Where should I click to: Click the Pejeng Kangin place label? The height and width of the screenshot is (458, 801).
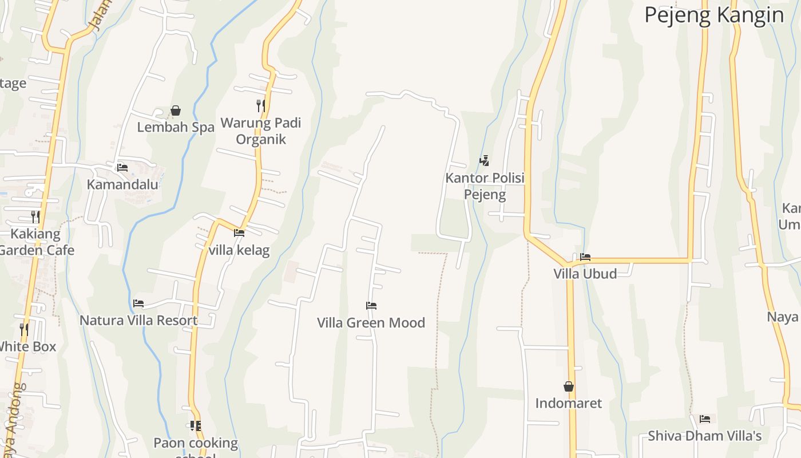tap(714, 15)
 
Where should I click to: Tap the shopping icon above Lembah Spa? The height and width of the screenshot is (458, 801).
tap(176, 110)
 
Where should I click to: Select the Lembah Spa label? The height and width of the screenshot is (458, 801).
tap(176, 127)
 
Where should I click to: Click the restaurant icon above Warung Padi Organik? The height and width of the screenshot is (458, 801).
tap(261, 105)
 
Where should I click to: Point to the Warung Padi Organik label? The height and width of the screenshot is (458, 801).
tap(261, 131)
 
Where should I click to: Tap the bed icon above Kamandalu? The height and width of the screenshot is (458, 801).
tap(122, 168)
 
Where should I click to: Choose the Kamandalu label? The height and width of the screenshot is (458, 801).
tap(122, 184)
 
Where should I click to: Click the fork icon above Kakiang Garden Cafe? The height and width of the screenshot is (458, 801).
tap(35, 217)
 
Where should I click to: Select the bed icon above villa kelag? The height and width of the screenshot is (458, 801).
tap(239, 233)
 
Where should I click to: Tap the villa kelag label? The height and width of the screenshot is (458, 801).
tap(239, 250)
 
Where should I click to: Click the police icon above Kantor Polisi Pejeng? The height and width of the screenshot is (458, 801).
tap(485, 161)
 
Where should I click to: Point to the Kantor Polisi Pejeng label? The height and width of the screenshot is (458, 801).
tap(485, 186)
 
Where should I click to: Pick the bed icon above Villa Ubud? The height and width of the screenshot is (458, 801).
tap(585, 257)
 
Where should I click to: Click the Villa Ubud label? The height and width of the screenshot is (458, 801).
tap(585, 274)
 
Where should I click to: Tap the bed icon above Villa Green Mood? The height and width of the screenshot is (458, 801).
tap(371, 306)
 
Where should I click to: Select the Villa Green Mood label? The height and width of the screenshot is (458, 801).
tap(371, 323)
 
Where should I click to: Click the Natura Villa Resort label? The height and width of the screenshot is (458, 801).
tap(138, 321)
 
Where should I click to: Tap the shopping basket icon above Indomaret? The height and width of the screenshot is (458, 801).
tap(569, 386)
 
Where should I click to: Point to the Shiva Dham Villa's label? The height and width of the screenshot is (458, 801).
tap(705, 436)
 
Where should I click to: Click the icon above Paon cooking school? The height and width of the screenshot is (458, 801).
tap(196, 426)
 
